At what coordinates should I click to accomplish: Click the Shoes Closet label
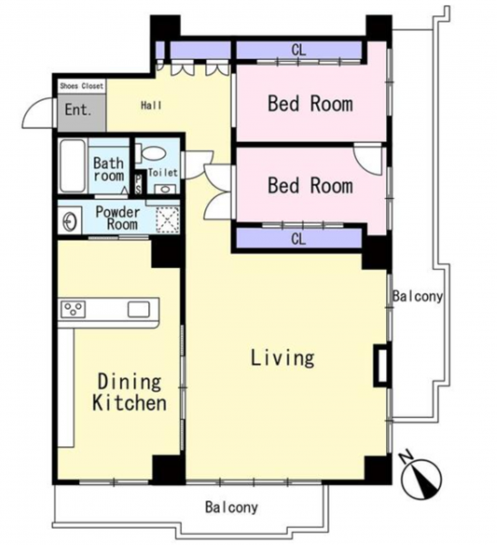tap(82, 86)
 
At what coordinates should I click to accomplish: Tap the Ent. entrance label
tap(78, 110)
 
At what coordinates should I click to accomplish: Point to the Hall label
tap(152, 105)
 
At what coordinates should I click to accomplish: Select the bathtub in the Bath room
tap(73, 166)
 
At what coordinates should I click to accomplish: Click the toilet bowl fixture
tap(151, 154)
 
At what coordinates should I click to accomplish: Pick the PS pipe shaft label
tap(138, 183)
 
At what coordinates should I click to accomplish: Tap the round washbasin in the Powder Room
tap(71, 221)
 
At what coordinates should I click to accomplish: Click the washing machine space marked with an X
tap(167, 220)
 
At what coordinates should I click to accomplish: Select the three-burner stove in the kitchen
tap(74, 309)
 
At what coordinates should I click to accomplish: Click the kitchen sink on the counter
tap(139, 309)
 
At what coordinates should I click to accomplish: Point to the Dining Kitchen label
tap(129, 392)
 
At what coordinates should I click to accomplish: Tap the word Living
tap(283, 358)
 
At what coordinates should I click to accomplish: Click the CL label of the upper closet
tap(299, 51)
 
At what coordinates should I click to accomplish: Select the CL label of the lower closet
tap(299, 239)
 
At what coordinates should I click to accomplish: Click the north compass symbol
tap(421, 475)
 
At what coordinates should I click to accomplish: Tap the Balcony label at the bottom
tap(232, 507)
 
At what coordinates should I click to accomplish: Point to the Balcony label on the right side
tap(418, 296)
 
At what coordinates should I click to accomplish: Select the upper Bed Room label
tap(310, 104)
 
